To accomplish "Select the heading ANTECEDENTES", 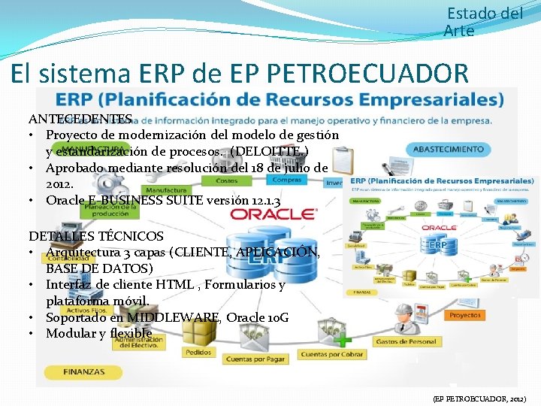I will [80, 119].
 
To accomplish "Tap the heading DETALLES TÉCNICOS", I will [95, 237].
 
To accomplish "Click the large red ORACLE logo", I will [274, 214].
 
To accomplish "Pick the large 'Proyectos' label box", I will [466, 316].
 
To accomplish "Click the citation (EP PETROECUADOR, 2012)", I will [480, 398].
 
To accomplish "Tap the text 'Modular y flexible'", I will [99, 333].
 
